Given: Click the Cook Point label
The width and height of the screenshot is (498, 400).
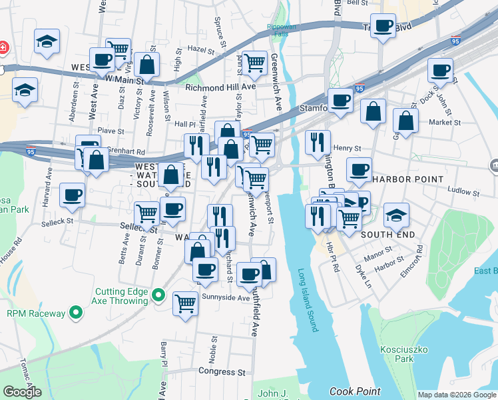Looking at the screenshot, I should click(355, 392).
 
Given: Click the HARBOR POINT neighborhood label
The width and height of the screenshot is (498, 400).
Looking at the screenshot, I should click(408, 179).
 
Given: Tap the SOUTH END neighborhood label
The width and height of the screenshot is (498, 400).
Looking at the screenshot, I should click(388, 235).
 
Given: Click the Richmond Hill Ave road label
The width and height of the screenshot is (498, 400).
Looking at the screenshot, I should click(220, 87).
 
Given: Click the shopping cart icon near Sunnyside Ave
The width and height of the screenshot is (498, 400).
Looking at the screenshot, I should click(186, 303).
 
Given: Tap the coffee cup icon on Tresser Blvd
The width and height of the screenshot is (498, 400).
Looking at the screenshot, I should click(383, 27).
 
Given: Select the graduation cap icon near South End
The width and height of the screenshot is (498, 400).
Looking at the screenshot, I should click(396, 215).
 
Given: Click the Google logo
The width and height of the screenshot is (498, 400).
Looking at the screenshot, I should click(22, 392).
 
